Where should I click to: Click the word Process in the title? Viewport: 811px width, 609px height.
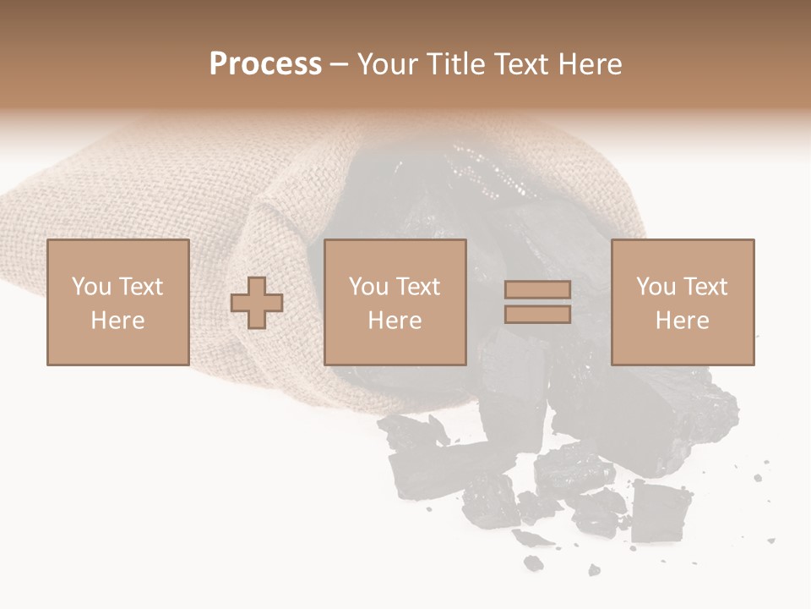click(265, 64)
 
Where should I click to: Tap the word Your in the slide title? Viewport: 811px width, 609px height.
click(388, 64)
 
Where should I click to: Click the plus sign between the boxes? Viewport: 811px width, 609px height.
click(257, 303)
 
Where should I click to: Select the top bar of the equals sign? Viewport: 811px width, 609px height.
click(537, 290)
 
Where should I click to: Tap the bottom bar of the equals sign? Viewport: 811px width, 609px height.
click(537, 315)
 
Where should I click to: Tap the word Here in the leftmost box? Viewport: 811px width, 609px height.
click(117, 321)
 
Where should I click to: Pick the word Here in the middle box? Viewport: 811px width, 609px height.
click(395, 321)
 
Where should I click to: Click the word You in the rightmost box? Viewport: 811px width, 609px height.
click(656, 287)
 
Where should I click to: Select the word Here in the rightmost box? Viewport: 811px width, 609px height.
click(682, 321)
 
